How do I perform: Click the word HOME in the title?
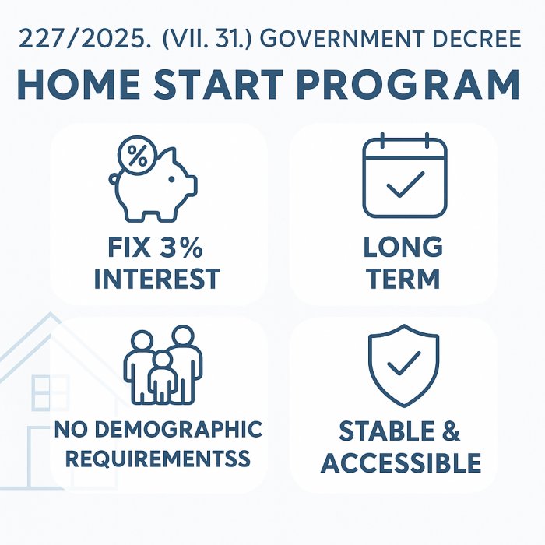tap(79, 84)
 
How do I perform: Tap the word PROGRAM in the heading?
tap(409, 84)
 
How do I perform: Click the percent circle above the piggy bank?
tap(137, 156)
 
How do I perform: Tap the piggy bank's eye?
tap(171, 179)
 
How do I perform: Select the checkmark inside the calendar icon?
tap(406, 185)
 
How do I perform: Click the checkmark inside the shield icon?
tap(404, 364)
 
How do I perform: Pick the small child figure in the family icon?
tap(163, 378)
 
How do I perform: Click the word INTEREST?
tap(157, 279)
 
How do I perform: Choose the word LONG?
tap(403, 247)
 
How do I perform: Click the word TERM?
tap(403, 279)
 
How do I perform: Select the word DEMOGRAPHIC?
tap(178, 430)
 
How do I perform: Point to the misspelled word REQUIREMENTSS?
tap(158, 459)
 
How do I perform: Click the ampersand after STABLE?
tap(451, 431)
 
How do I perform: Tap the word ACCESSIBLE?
tap(401, 463)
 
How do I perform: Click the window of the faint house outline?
tap(50, 392)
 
